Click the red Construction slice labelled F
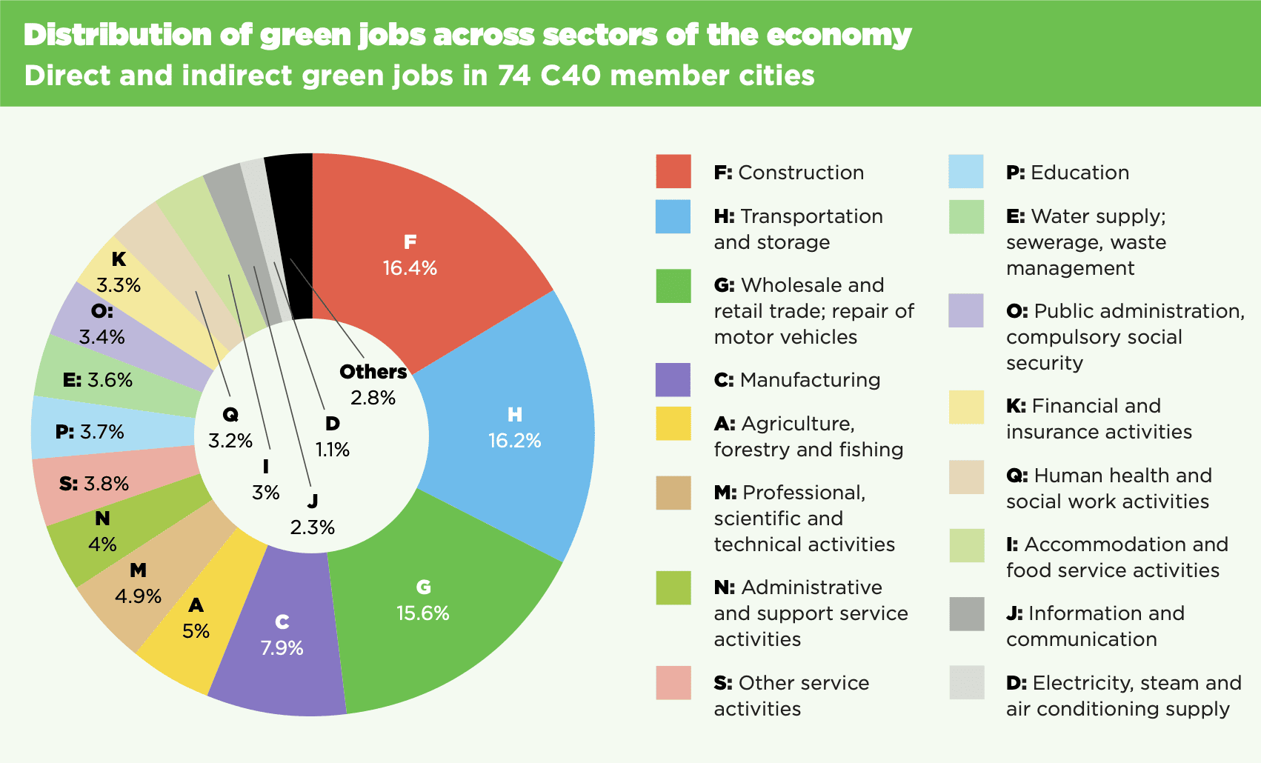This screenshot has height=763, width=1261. pos(415,252)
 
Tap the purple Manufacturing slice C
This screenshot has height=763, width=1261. pos(282,637)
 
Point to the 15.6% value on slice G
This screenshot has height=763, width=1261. pos(423,613)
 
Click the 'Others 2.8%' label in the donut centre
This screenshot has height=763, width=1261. pos(373,384)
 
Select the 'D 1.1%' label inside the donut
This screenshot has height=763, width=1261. pos(333,436)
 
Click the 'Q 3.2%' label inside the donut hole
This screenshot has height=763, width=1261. pos(230,428)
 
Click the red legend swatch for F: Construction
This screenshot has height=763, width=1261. pos(673,172)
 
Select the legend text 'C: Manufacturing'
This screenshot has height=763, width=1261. pos(796,380)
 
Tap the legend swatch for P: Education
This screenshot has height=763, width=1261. pos(966,172)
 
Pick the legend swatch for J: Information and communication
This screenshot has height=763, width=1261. pos(966,614)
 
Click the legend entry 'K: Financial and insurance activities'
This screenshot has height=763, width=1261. pos(1098,419)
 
